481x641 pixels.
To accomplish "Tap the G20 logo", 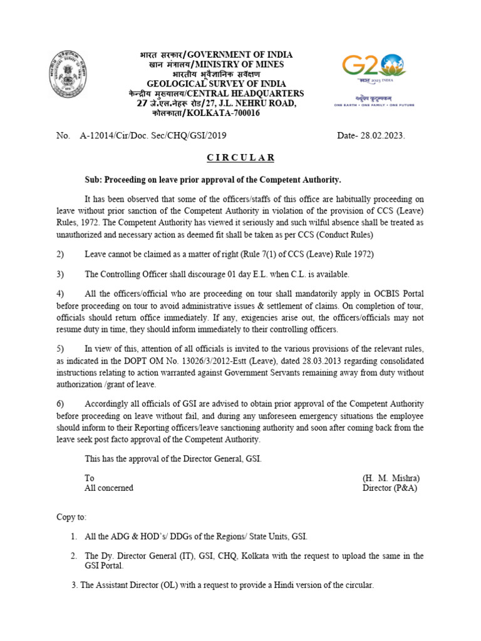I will [373, 68].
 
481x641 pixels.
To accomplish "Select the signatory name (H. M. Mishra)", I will [391, 478].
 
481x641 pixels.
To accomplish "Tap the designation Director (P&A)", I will [390, 488].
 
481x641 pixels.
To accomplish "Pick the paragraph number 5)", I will [61, 349].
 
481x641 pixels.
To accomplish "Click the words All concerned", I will [109, 488].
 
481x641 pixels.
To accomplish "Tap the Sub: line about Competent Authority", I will [213, 180].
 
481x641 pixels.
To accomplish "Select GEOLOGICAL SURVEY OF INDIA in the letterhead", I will [216, 84].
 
